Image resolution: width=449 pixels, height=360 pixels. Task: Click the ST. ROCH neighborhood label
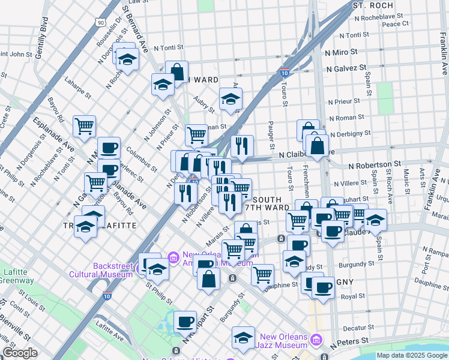click(x=367, y=5)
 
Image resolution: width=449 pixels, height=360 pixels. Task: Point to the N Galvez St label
click(x=346, y=69)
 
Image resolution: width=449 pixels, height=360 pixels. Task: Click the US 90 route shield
click(x=100, y=22)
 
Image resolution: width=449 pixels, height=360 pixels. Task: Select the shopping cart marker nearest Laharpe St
click(x=85, y=125)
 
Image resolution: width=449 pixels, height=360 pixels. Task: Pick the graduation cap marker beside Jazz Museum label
click(x=243, y=337)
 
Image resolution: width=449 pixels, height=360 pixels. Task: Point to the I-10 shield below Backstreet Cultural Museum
click(x=107, y=296)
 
